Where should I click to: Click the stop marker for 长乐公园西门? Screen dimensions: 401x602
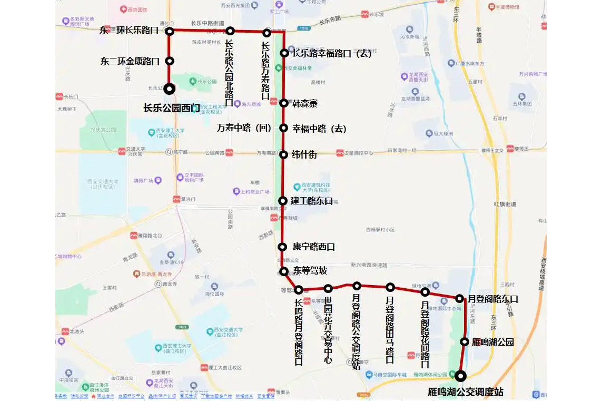point(170,89)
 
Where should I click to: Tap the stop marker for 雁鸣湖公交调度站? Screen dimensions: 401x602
point(461,376)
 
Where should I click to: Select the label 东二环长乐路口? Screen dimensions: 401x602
point(129,31)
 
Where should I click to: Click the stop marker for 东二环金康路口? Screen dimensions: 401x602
point(170,61)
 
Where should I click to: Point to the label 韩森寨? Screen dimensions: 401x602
point(305,103)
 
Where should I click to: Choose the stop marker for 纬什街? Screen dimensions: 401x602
point(283,154)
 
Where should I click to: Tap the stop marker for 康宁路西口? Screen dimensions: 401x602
point(282,247)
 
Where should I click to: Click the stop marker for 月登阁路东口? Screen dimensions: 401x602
point(459,299)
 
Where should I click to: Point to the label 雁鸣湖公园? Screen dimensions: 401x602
point(492,342)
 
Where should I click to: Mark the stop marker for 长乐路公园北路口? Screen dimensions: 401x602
point(230,31)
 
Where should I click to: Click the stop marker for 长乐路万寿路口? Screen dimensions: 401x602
point(267,33)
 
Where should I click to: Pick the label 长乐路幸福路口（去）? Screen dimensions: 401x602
point(332,53)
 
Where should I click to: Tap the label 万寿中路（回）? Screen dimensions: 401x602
point(244,128)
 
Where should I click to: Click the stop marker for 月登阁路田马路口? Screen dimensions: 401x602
point(390,287)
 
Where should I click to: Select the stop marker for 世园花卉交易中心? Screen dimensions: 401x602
point(328,288)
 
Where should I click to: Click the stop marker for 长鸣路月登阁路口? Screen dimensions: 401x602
point(299,289)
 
